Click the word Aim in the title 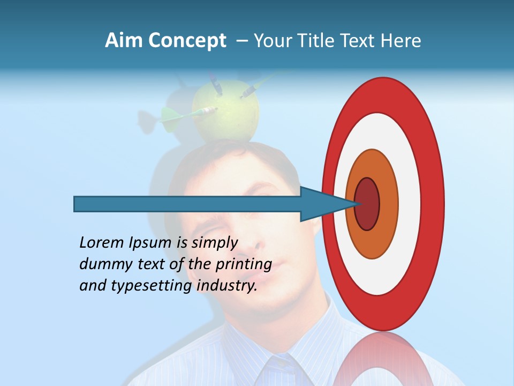pyautogui.click(x=124, y=41)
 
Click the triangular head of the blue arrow pyautogui.click(x=324, y=204)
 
